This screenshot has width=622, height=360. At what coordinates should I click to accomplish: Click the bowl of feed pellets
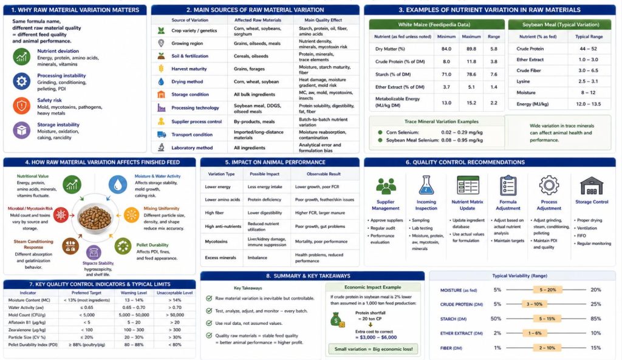click(x=95, y=217)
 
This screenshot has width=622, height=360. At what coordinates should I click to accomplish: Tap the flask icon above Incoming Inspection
click(x=426, y=186)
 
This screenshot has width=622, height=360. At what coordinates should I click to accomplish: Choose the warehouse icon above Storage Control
click(x=591, y=186)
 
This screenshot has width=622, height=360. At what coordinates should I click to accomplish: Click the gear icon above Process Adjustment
click(x=549, y=186)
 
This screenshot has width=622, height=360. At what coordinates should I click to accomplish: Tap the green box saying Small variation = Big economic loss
click(x=371, y=348)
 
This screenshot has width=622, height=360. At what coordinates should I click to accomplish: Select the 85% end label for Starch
click(x=596, y=319)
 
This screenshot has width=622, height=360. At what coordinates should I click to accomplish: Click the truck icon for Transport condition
click(x=161, y=135)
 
